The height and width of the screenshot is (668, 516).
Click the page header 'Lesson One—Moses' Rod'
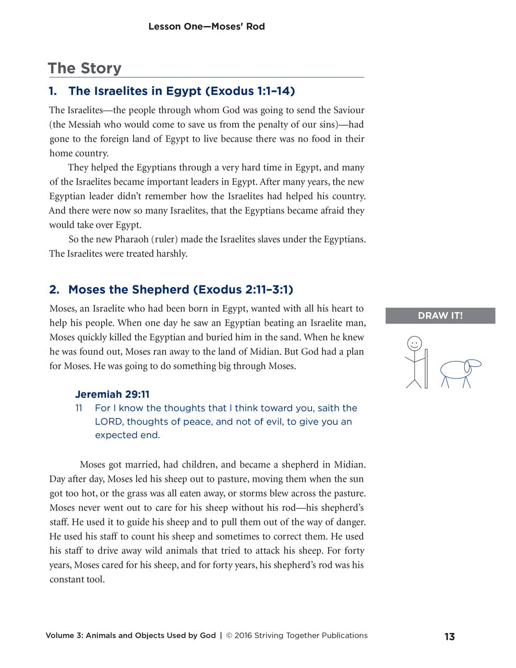[206, 27]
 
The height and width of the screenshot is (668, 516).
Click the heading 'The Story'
[85, 68]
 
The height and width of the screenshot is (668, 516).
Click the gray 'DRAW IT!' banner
[440, 316]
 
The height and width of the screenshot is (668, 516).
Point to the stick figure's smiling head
[414, 343]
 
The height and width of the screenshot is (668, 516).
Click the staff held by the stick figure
[426, 368]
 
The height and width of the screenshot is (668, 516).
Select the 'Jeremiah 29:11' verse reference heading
[112, 394]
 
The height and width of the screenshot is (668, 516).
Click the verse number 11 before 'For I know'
[79, 408]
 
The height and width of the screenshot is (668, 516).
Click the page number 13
[449, 637]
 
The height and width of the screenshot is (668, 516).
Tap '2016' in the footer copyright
[243, 636]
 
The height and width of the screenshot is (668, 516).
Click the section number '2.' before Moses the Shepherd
[54, 290]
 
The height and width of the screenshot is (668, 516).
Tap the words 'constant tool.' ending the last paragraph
[77, 579]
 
